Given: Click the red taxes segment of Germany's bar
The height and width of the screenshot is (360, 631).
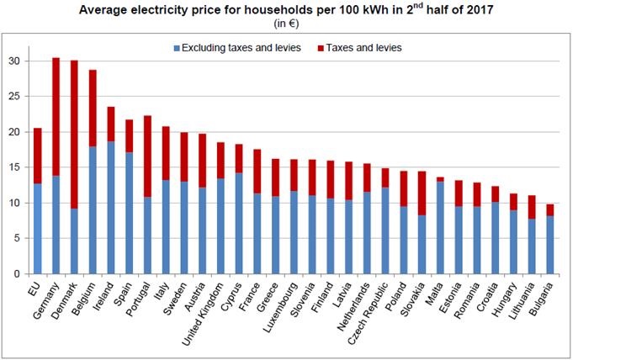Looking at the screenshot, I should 56,117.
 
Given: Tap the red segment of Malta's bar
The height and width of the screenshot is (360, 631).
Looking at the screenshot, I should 441,179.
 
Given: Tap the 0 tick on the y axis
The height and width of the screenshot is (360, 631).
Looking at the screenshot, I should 16,274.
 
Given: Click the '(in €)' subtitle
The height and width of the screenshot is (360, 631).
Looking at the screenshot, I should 315,25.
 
